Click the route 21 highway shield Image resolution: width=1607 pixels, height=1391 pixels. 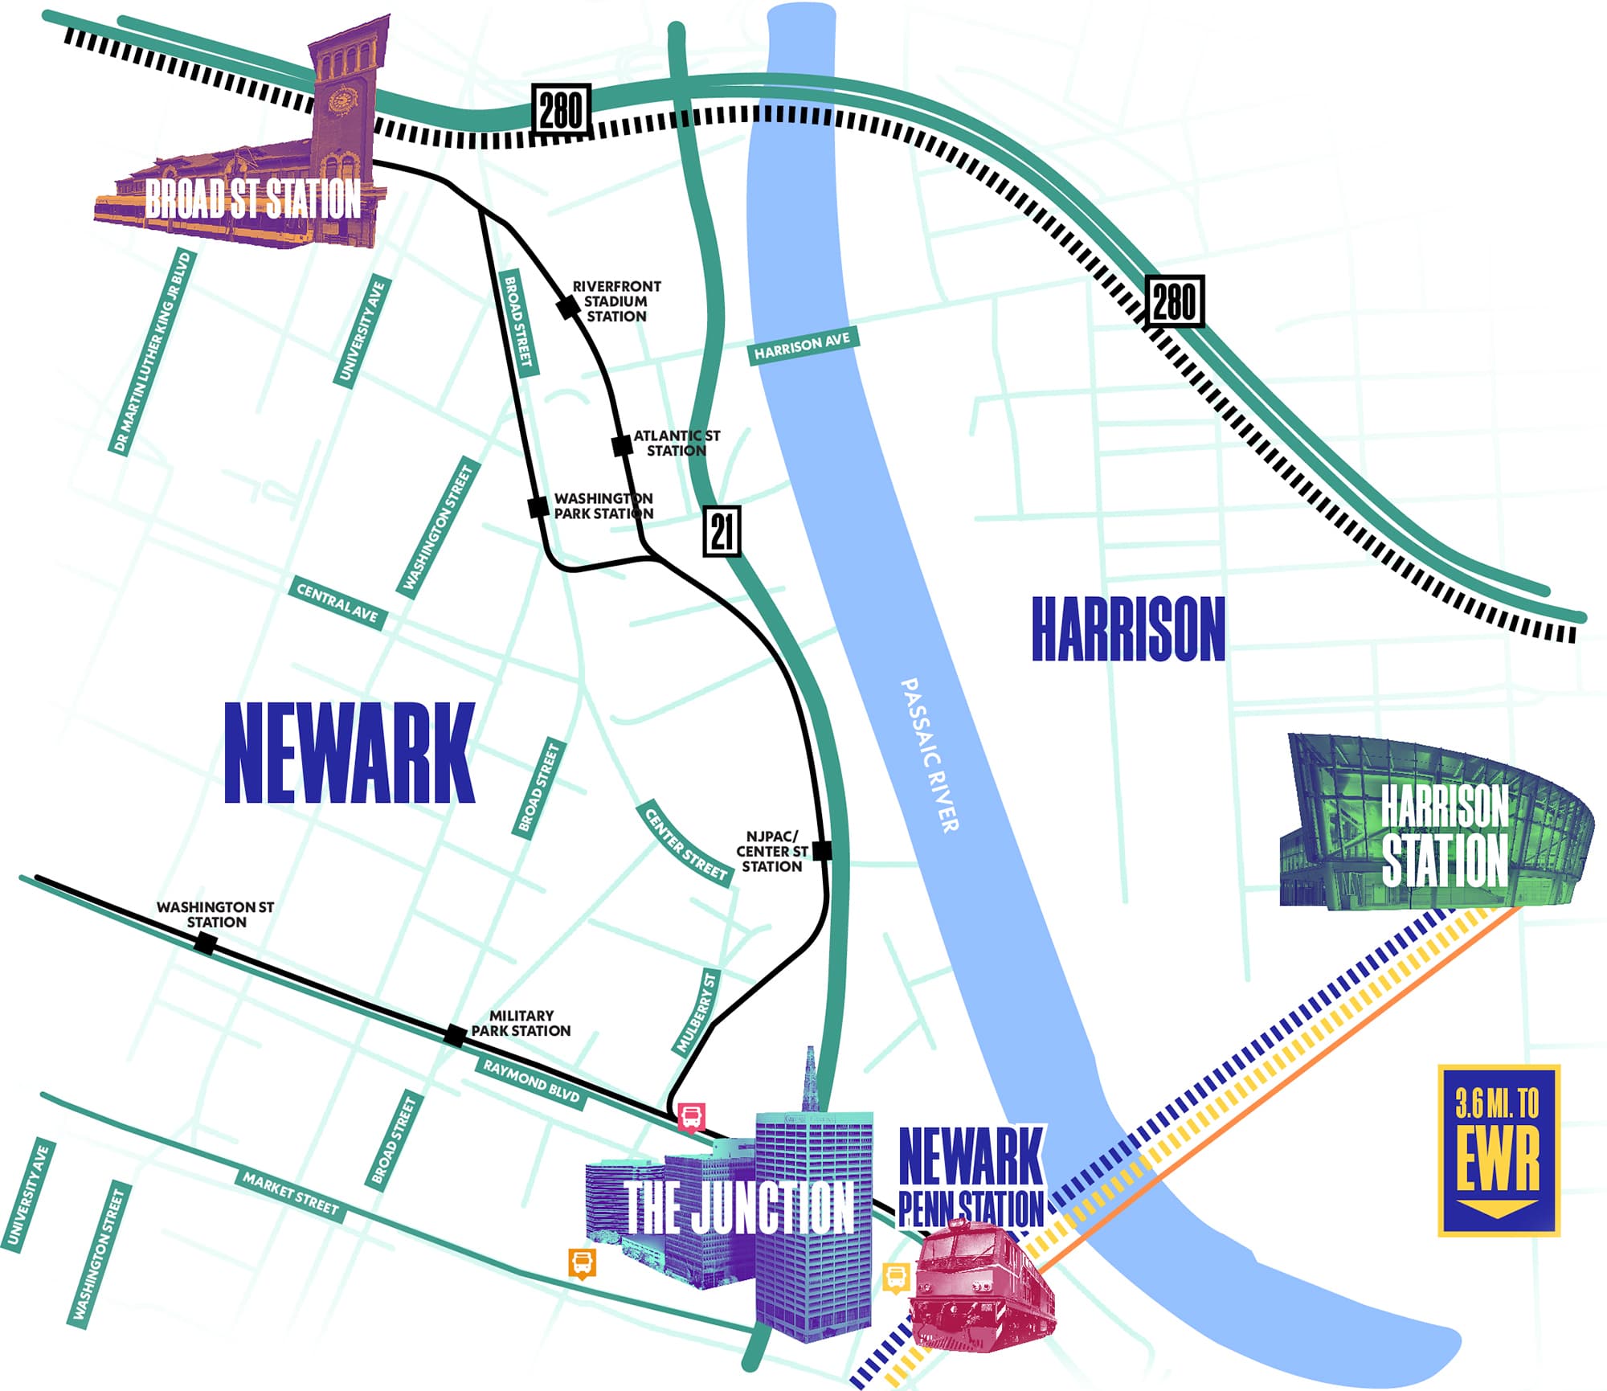722,531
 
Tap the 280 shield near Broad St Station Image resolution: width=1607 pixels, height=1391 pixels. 561,110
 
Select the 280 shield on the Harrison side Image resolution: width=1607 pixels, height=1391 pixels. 1174,301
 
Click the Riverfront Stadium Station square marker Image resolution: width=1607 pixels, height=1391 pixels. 568,307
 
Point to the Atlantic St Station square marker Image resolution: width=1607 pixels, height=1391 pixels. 622,445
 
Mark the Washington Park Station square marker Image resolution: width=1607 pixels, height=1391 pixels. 538,507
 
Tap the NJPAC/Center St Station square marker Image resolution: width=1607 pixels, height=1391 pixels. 821,850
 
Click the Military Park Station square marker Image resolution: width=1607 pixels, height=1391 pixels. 455,1035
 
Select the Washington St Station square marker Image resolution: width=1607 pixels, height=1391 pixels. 206,943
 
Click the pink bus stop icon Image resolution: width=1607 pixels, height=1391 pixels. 691,1116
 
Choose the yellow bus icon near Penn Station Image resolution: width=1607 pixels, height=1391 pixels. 897,1277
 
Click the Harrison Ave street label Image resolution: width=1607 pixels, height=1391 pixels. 802,346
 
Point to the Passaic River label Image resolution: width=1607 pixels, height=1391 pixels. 929,755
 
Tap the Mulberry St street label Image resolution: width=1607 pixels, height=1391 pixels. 696,1012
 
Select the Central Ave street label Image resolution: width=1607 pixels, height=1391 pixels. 337,603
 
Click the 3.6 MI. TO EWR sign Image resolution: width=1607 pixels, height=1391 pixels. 1498,1150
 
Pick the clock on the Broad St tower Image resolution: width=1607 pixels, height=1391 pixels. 343,100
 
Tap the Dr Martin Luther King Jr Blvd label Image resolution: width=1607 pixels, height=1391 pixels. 152,353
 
